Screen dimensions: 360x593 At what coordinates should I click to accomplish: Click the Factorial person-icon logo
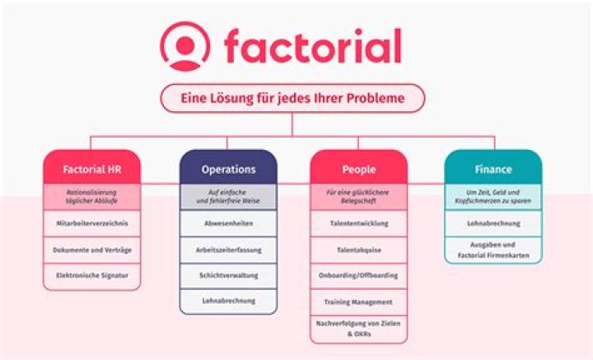[x=185, y=45]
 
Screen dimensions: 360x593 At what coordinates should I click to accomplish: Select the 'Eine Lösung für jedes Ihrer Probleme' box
[x=293, y=98]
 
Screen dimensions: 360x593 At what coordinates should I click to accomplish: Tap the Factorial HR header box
[x=91, y=169]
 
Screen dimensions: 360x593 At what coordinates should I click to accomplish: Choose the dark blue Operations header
[x=228, y=169]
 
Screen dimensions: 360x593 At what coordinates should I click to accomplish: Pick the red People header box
[x=358, y=169]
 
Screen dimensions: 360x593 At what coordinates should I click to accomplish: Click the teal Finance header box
[x=493, y=169]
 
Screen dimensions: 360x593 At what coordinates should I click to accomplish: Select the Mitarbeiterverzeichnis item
[x=91, y=222]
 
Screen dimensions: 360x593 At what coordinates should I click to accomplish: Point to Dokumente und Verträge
[x=91, y=248]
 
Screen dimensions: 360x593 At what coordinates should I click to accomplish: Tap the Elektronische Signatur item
[x=91, y=274]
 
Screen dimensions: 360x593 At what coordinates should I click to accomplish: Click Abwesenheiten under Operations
[x=228, y=222]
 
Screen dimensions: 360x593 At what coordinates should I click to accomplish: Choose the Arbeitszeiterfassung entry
[x=228, y=248]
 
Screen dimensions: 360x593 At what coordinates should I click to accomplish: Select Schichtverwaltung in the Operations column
[x=228, y=274]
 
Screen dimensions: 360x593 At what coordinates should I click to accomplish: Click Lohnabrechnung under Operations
[x=228, y=300]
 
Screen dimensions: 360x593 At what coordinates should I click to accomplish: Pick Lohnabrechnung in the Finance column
[x=493, y=222]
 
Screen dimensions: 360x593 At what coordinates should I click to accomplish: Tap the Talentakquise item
[x=358, y=248]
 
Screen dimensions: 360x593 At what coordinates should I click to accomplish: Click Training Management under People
[x=358, y=302]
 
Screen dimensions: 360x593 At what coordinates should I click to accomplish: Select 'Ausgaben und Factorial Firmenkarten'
[x=493, y=249]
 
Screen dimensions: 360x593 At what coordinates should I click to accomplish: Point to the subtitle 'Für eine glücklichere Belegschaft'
[x=358, y=196]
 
